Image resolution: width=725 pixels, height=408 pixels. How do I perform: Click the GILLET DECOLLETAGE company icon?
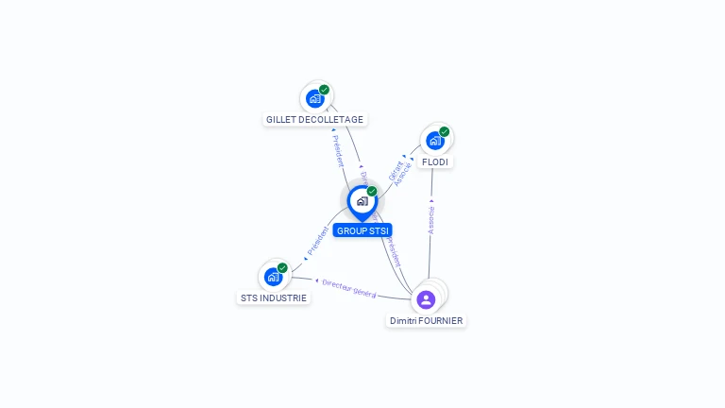[x=315, y=98]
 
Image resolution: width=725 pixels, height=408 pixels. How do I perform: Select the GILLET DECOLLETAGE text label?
[x=314, y=120]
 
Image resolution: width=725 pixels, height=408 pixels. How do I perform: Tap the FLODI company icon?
[x=434, y=141]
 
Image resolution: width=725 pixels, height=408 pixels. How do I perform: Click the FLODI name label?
[x=435, y=162]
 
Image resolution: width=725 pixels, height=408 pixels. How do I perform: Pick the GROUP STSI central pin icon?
[x=362, y=201]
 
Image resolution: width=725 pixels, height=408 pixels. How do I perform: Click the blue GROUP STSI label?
[x=362, y=230]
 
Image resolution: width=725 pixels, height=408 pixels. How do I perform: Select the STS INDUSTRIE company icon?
[x=273, y=277]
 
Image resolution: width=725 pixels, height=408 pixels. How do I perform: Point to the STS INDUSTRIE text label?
[x=273, y=297]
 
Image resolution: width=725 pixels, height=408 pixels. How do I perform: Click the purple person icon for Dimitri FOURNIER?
[x=426, y=299]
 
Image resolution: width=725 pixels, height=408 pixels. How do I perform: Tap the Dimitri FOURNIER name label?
[x=427, y=321]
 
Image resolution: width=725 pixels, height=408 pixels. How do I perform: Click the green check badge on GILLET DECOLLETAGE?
[x=325, y=90]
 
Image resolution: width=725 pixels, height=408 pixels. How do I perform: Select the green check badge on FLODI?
[x=444, y=132]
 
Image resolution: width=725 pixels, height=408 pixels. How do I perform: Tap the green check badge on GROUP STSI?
[x=372, y=192]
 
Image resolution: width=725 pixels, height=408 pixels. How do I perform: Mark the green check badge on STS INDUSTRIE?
[x=282, y=268]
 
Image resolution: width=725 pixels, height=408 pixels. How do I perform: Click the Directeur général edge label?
[x=348, y=288]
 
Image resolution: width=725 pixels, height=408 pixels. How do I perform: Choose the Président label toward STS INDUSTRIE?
[x=318, y=242]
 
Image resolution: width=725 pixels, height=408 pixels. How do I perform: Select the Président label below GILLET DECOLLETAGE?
[x=337, y=151]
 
